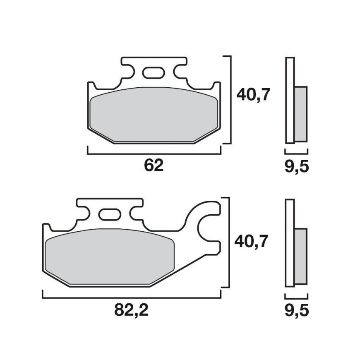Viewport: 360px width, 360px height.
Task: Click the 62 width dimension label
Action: click(x=154, y=166)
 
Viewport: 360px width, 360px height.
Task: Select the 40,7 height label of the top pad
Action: click(x=253, y=95)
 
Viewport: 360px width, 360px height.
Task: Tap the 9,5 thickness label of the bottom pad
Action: click(x=296, y=310)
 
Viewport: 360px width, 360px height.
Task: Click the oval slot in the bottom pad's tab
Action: click(x=108, y=215)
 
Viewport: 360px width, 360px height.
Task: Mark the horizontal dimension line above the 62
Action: click(x=154, y=153)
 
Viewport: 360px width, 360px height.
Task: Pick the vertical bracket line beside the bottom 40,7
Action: click(x=228, y=242)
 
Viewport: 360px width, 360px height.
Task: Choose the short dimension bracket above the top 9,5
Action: click(x=296, y=153)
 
